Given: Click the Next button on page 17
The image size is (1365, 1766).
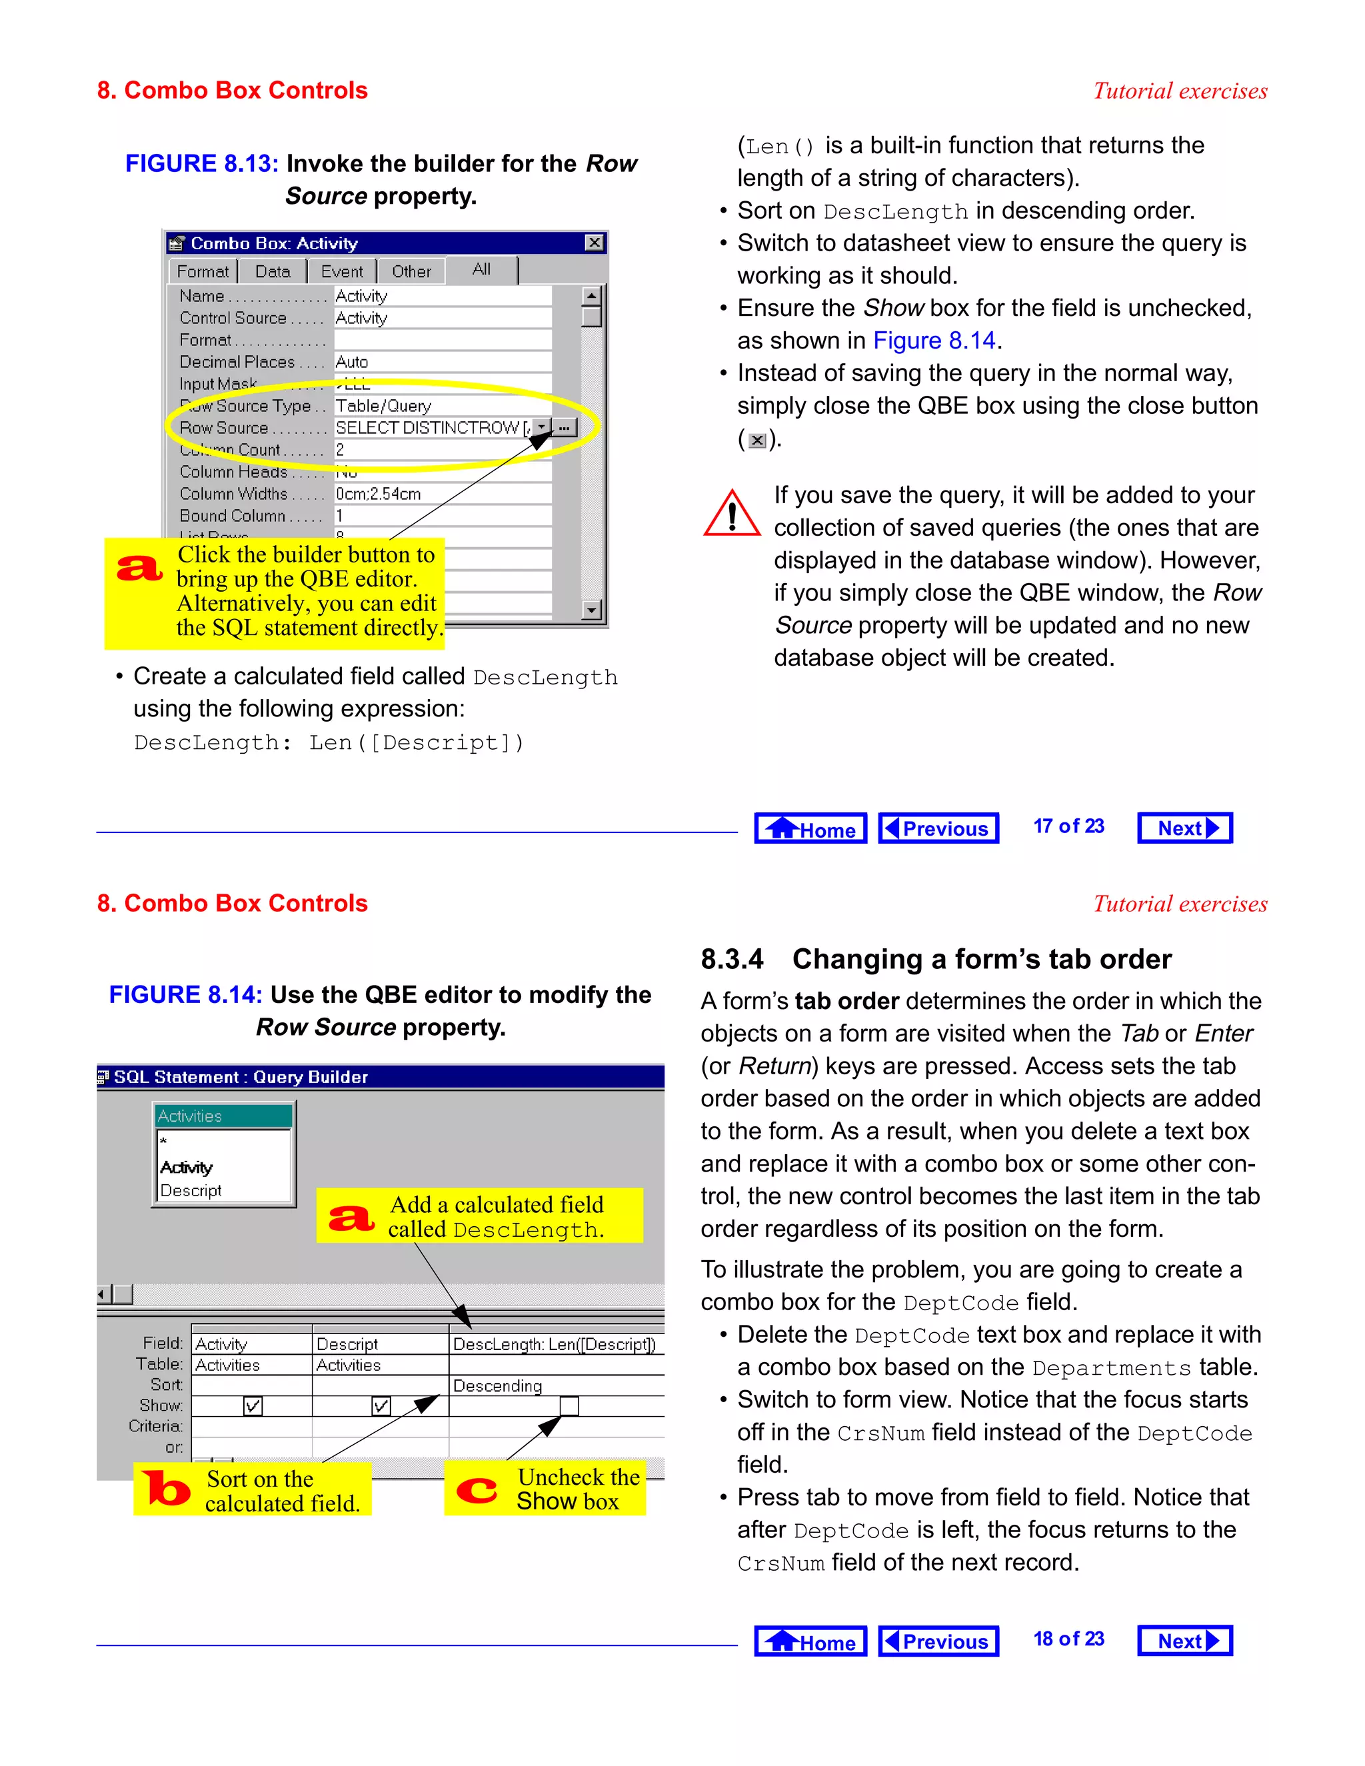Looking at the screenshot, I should point(1184,828).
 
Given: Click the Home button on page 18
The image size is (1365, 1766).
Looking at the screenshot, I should point(810,1641).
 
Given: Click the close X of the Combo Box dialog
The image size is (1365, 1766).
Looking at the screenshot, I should point(595,243).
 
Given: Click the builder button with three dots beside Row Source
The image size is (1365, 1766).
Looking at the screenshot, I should point(565,427).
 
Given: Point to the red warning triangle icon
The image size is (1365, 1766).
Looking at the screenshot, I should point(732,514).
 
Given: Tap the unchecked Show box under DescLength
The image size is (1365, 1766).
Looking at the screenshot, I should point(569,1406).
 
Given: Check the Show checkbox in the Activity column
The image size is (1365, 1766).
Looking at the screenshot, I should point(253,1406).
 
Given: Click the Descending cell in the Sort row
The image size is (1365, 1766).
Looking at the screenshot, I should point(497,1386).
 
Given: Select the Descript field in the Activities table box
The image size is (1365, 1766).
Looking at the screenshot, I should point(191,1190).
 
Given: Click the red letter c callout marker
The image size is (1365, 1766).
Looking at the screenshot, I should point(477,1489).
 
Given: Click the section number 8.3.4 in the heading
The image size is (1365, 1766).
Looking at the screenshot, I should point(732,959).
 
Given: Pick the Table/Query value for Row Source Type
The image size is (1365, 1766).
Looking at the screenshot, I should point(383,406).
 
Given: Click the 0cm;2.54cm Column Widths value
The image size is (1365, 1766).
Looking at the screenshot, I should point(379,494).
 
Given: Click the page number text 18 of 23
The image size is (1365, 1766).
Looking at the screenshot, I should point(1068,1639).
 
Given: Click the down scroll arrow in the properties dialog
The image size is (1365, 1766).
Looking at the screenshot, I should point(592,610).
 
